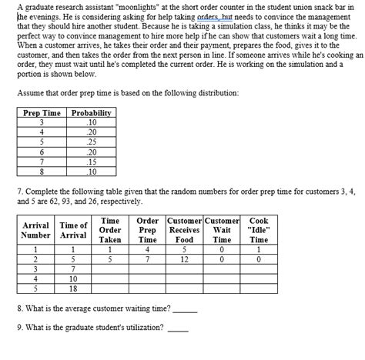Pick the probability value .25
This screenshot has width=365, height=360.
coord(91,142)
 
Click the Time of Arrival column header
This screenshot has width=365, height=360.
coord(73,229)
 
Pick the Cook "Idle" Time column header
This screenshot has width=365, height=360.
coord(259,229)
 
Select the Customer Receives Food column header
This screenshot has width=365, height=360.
coord(184,229)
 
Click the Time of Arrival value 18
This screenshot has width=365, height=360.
coord(73,288)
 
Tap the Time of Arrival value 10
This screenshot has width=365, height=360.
coord(73,278)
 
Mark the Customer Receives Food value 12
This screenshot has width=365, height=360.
coord(184,259)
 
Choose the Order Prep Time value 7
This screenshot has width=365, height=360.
coord(146,259)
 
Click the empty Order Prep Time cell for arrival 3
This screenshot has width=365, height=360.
coord(146,269)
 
